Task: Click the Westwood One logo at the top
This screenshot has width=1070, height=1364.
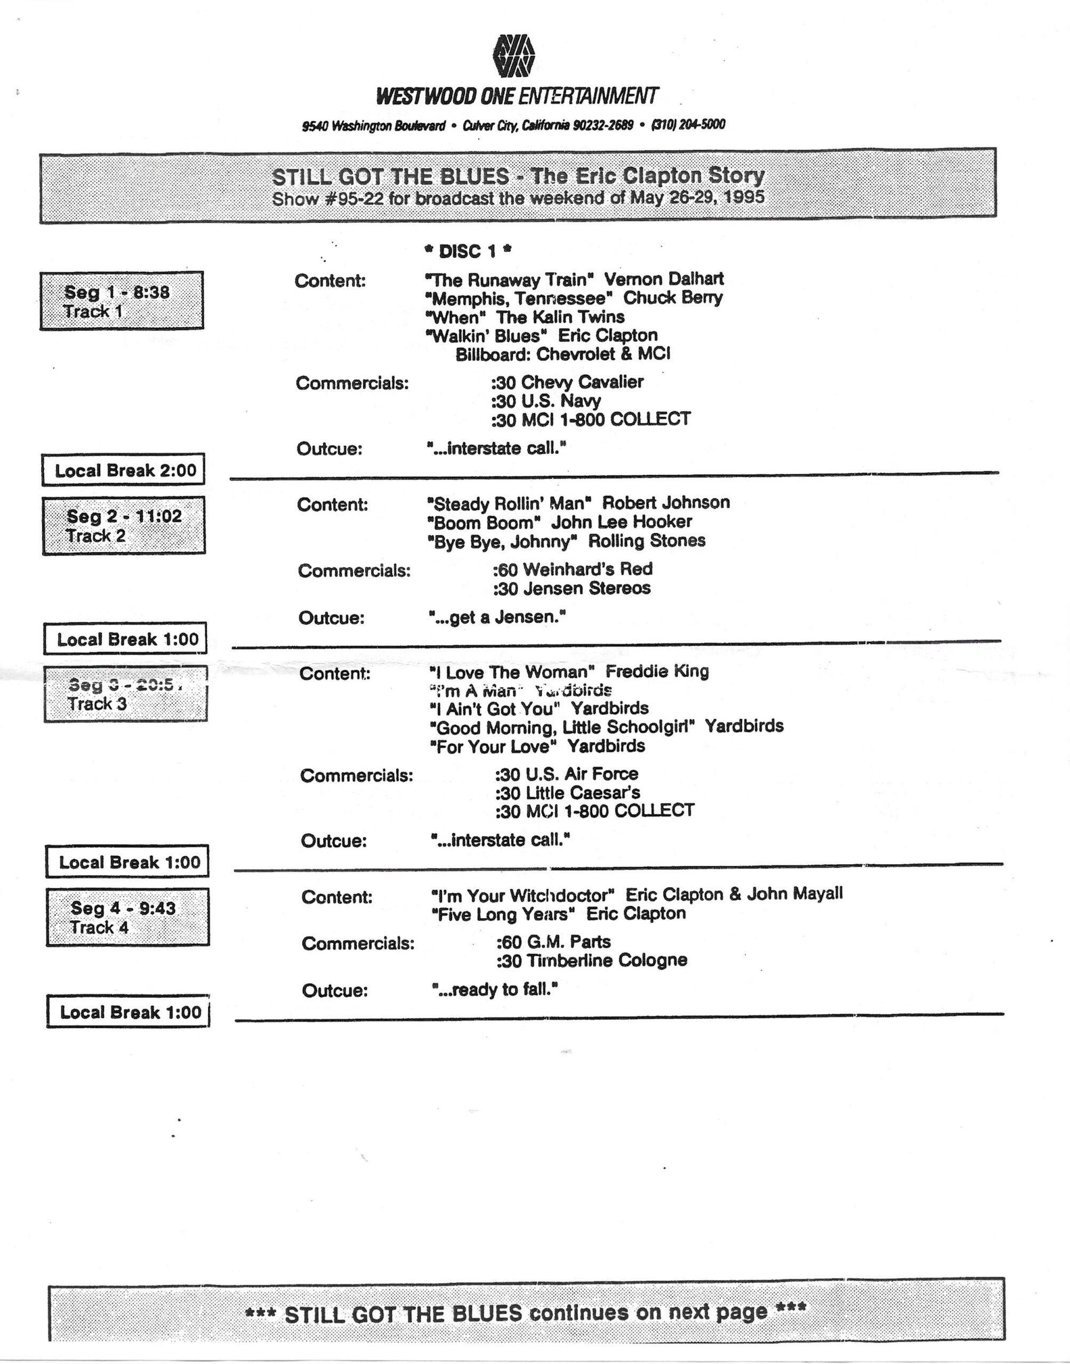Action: click(x=514, y=55)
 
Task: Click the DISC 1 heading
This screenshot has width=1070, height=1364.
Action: click(x=468, y=251)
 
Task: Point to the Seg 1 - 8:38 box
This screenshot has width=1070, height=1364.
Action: click(x=122, y=301)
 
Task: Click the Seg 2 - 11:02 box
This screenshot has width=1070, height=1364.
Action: click(x=124, y=526)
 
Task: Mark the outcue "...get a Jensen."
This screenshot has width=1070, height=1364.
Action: click(x=497, y=618)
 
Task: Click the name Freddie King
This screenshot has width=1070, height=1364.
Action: click(x=657, y=672)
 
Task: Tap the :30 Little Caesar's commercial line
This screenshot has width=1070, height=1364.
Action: click(x=568, y=792)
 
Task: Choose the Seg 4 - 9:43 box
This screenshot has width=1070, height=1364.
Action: click(x=127, y=917)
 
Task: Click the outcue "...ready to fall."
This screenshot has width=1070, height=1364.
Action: click(x=494, y=989)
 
